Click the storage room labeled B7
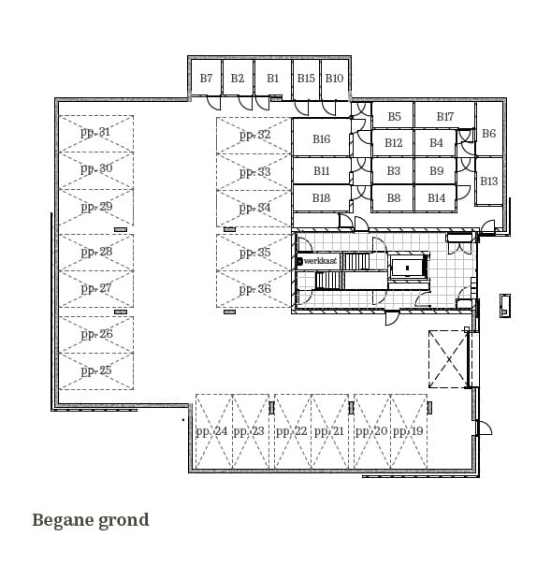(x=206, y=79)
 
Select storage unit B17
(x=444, y=117)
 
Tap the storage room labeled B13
(x=488, y=181)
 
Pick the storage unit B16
(x=321, y=139)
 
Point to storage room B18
(x=321, y=198)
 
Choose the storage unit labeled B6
(x=488, y=134)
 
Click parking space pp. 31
(x=95, y=133)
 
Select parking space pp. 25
(x=95, y=370)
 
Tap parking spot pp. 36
(x=254, y=289)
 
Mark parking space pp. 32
(x=254, y=135)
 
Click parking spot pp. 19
(x=408, y=431)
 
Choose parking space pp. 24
(x=212, y=431)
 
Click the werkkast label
(x=319, y=262)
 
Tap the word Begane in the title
(x=63, y=520)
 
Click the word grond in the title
(x=123, y=520)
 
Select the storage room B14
(x=436, y=198)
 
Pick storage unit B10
(x=334, y=79)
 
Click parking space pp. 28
(x=95, y=252)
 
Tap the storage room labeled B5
(x=394, y=117)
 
